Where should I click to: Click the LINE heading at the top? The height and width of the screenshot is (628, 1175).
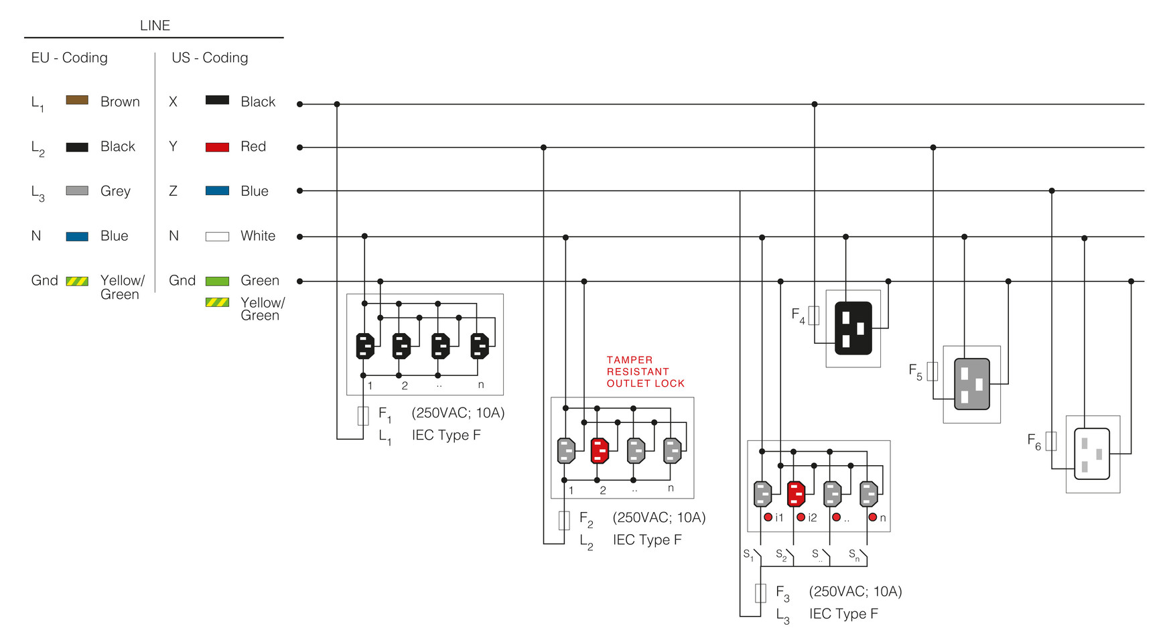155,25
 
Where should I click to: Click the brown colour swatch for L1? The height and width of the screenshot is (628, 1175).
77,101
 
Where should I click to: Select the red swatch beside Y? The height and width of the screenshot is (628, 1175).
217,147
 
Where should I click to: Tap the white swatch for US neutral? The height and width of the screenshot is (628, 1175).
217,237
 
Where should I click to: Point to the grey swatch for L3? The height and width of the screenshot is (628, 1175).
77,191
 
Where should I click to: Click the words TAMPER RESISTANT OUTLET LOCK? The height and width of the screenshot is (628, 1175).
645,372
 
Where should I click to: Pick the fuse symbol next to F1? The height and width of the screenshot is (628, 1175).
363,416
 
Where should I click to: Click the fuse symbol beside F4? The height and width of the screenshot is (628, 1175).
814,316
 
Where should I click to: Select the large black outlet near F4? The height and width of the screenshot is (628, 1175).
853,328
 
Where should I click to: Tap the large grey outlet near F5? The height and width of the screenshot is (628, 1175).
971,384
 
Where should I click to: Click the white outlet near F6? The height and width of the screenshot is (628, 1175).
1092,454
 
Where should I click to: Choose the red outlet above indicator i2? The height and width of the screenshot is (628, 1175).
797,494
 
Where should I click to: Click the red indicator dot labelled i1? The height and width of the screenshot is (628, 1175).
768,517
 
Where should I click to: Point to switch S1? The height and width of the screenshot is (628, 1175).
756,556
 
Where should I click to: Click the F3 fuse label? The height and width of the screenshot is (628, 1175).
782,592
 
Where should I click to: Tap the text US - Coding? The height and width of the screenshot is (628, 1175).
210,58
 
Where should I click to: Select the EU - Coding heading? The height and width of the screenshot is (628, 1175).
69,58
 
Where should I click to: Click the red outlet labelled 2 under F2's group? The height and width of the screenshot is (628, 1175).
600,450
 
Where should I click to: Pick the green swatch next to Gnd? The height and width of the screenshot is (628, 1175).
217,281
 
